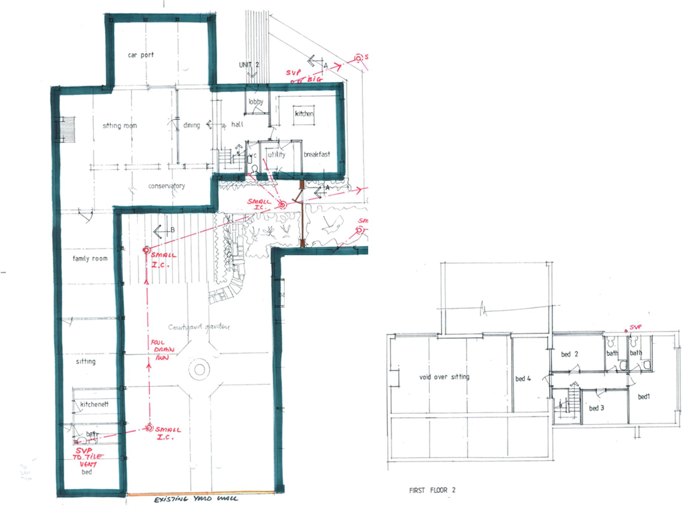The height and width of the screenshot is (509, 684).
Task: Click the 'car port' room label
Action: pyautogui.click(x=141, y=55)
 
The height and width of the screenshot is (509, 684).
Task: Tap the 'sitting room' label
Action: pyautogui.click(x=120, y=126)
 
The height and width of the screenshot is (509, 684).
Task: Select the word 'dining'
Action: pyautogui.click(x=191, y=125)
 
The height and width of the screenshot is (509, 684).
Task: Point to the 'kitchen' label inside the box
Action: pyautogui.click(x=304, y=114)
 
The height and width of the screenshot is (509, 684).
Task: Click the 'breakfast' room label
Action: pyautogui.click(x=316, y=154)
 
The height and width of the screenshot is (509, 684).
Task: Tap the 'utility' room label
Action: pyautogui.click(x=276, y=154)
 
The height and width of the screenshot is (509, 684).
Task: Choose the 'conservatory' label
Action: pyautogui.click(x=166, y=186)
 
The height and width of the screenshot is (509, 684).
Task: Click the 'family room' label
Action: pyautogui.click(x=90, y=259)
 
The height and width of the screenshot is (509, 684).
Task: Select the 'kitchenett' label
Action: pyautogui.click(x=94, y=404)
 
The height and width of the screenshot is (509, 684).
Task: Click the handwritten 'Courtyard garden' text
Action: pyautogui.click(x=199, y=327)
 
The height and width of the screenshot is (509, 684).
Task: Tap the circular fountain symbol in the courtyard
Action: pyautogui.click(x=199, y=369)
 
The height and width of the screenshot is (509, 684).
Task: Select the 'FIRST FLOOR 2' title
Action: pyautogui.click(x=432, y=490)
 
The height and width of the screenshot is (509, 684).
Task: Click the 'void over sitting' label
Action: pyautogui.click(x=444, y=377)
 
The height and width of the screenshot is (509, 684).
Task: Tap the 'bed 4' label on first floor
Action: pyautogui.click(x=523, y=379)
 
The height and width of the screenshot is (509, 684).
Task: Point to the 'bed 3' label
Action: pyautogui.click(x=596, y=408)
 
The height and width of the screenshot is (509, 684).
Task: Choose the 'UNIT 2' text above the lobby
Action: pyautogui.click(x=249, y=65)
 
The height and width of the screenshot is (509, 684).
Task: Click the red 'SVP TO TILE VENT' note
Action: pyautogui.click(x=88, y=458)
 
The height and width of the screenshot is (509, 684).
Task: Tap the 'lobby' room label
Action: pyautogui.click(x=256, y=101)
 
